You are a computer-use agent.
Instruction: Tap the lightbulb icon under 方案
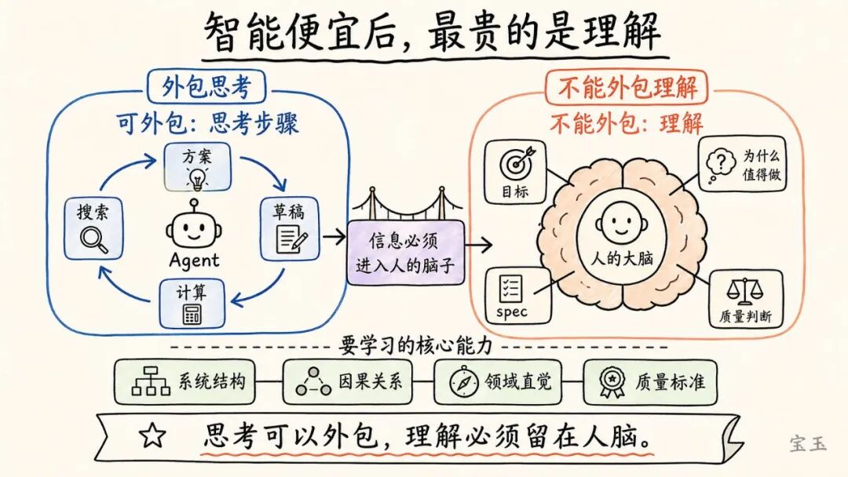(x=196, y=179)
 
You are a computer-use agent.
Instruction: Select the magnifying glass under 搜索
(x=93, y=239)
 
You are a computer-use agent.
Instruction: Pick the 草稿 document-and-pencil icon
(x=290, y=239)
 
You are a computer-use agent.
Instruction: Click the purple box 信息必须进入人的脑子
(x=405, y=252)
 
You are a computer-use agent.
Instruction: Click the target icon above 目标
(x=516, y=163)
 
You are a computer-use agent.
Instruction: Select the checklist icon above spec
(x=511, y=289)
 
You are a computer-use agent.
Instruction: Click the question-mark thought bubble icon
(x=720, y=162)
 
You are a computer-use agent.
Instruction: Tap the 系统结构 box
(x=185, y=382)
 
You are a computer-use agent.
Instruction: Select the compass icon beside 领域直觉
(x=464, y=382)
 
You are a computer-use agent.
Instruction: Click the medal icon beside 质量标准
(x=612, y=382)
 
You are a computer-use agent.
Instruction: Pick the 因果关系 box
(x=349, y=382)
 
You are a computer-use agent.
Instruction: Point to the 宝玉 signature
(x=808, y=445)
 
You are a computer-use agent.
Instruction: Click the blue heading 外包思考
(x=206, y=88)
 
